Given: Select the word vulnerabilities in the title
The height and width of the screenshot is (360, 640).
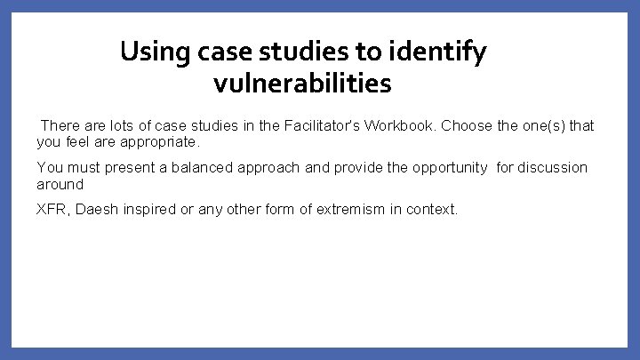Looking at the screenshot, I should (x=302, y=84).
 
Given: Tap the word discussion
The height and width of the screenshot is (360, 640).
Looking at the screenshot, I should (x=553, y=167).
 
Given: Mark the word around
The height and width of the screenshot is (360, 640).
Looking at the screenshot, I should (x=60, y=184).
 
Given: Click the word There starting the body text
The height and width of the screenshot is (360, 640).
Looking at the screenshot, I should (x=60, y=125).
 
